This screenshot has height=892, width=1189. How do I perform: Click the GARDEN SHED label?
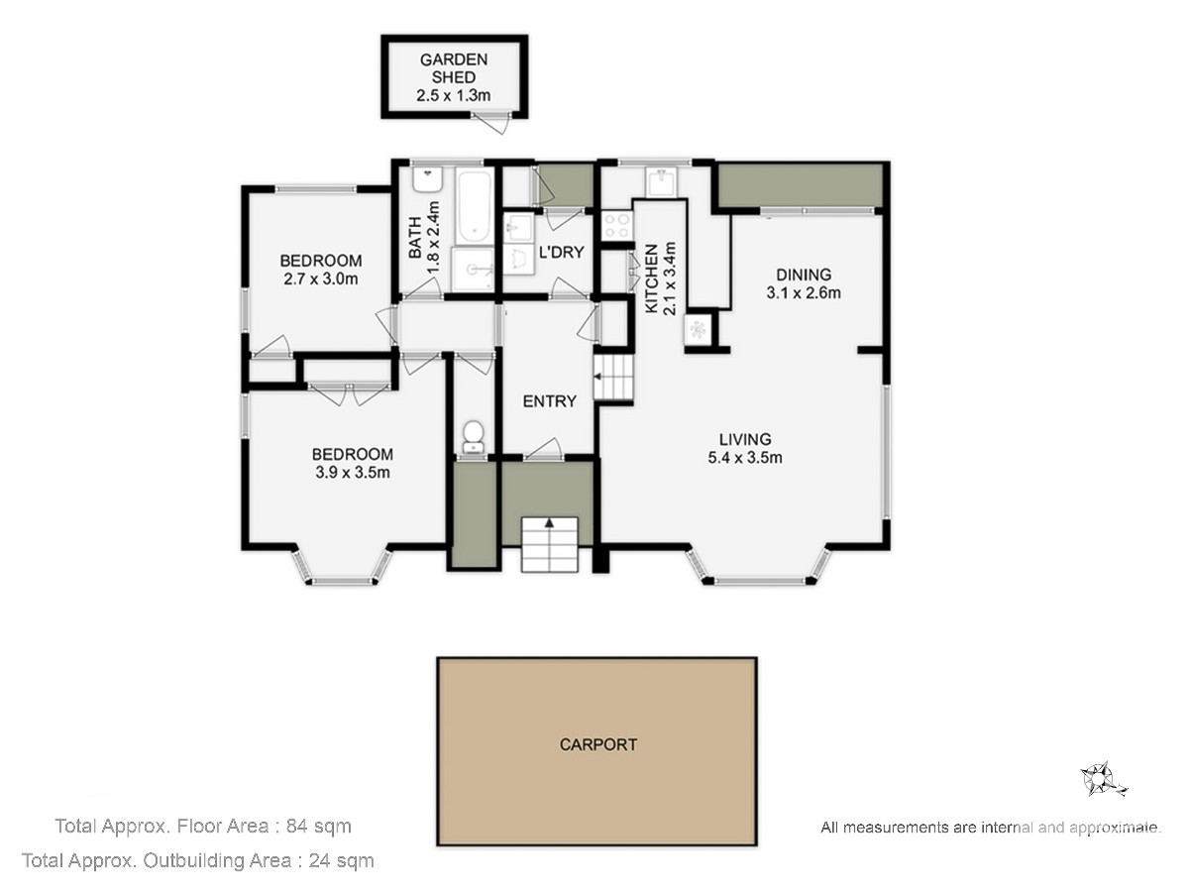[454, 68]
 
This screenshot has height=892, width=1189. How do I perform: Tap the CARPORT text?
[598, 744]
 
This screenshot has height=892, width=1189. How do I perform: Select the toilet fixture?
[474, 436]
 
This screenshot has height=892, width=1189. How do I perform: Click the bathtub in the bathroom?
[474, 206]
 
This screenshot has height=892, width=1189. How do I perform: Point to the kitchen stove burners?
[617, 225]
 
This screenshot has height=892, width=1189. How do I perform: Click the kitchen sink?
[661, 182]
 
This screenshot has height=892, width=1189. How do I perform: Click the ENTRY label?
[549, 401]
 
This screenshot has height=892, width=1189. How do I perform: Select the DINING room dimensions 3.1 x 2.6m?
[804, 293]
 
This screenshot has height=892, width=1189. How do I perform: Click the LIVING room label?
[745, 439]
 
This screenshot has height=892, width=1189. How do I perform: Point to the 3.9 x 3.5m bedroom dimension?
[353, 473]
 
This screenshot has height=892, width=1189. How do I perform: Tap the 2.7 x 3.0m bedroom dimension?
[321, 279]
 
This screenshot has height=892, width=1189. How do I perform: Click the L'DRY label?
[562, 253]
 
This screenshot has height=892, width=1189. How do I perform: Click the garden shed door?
[491, 124]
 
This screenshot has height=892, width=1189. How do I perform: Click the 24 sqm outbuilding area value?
[341, 860]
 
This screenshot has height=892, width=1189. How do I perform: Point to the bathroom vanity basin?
[428, 179]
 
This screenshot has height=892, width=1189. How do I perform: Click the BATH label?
[415, 237]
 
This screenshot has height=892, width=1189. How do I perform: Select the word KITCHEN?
[652, 279]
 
